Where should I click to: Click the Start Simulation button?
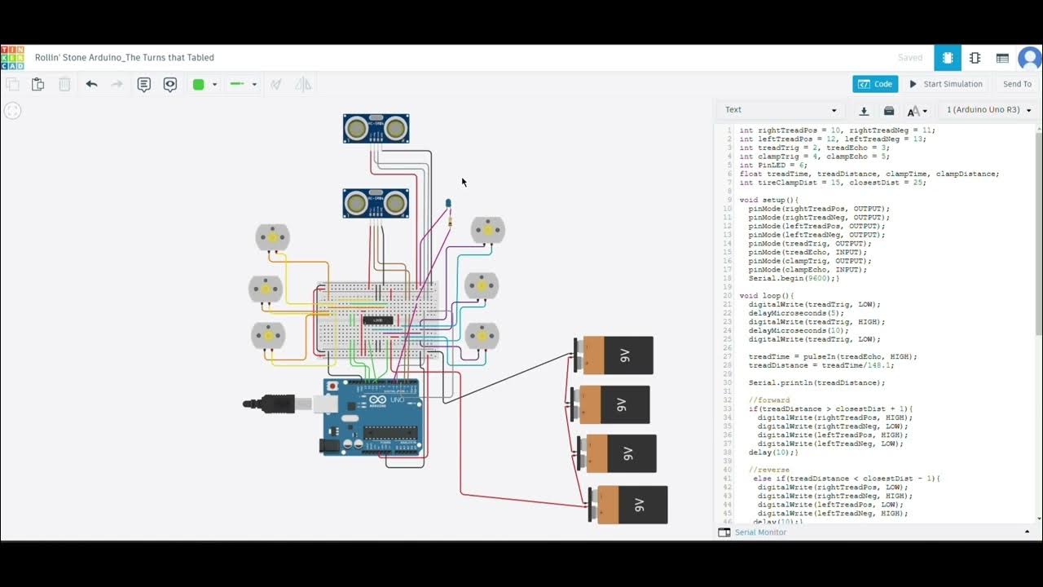click(x=946, y=84)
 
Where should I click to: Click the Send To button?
click(x=1017, y=84)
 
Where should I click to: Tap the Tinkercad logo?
click(x=12, y=57)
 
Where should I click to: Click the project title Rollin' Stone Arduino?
click(x=124, y=58)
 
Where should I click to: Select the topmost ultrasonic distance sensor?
click(x=376, y=128)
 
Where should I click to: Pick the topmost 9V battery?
click(x=614, y=355)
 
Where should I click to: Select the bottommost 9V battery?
click(x=628, y=505)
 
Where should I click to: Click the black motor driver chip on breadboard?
click(x=377, y=320)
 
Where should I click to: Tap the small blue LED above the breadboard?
click(x=447, y=203)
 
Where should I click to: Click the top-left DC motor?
click(x=272, y=237)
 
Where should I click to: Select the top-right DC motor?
click(x=488, y=230)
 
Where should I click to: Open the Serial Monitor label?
click(x=760, y=532)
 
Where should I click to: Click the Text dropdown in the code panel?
click(x=781, y=110)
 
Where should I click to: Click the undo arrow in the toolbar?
click(x=91, y=84)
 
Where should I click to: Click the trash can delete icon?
click(x=64, y=84)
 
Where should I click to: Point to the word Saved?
click(x=909, y=58)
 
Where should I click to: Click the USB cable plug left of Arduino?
click(x=277, y=403)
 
